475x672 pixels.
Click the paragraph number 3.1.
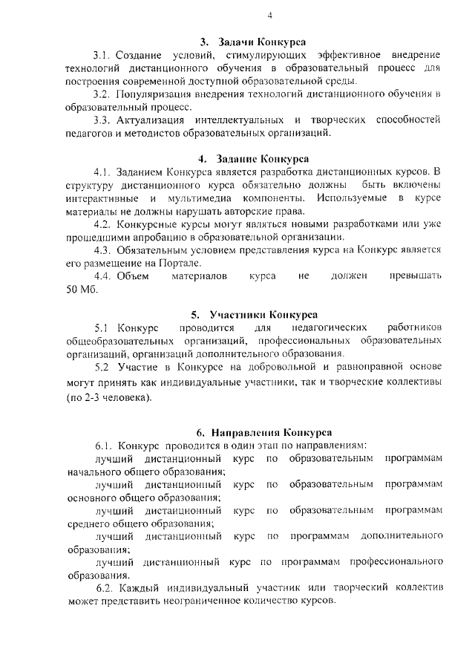(102, 55)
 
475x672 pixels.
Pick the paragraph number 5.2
(102, 367)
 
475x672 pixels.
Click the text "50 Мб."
(82, 289)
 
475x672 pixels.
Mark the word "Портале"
(178, 263)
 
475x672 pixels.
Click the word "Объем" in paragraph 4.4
(134, 275)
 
